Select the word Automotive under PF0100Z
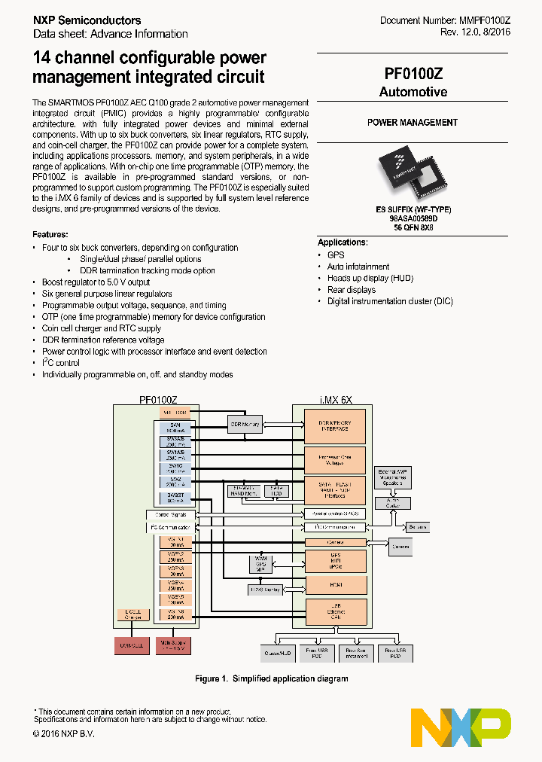[x=413, y=92]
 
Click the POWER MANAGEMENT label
[x=413, y=122]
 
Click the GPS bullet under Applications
[x=336, y=255]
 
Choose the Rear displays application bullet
[x=352, y=289]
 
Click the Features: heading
[x=50, y=235]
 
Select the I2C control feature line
[x=61, y=363]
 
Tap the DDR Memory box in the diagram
[x=245, y=425]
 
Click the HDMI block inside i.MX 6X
[x=335, y=584]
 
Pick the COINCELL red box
[x=132, y=645]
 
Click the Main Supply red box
[x=175, y=645]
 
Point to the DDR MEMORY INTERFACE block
[x=335, y=426]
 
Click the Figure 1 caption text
[x=271, y=679]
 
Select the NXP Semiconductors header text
[x=87, y=20]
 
